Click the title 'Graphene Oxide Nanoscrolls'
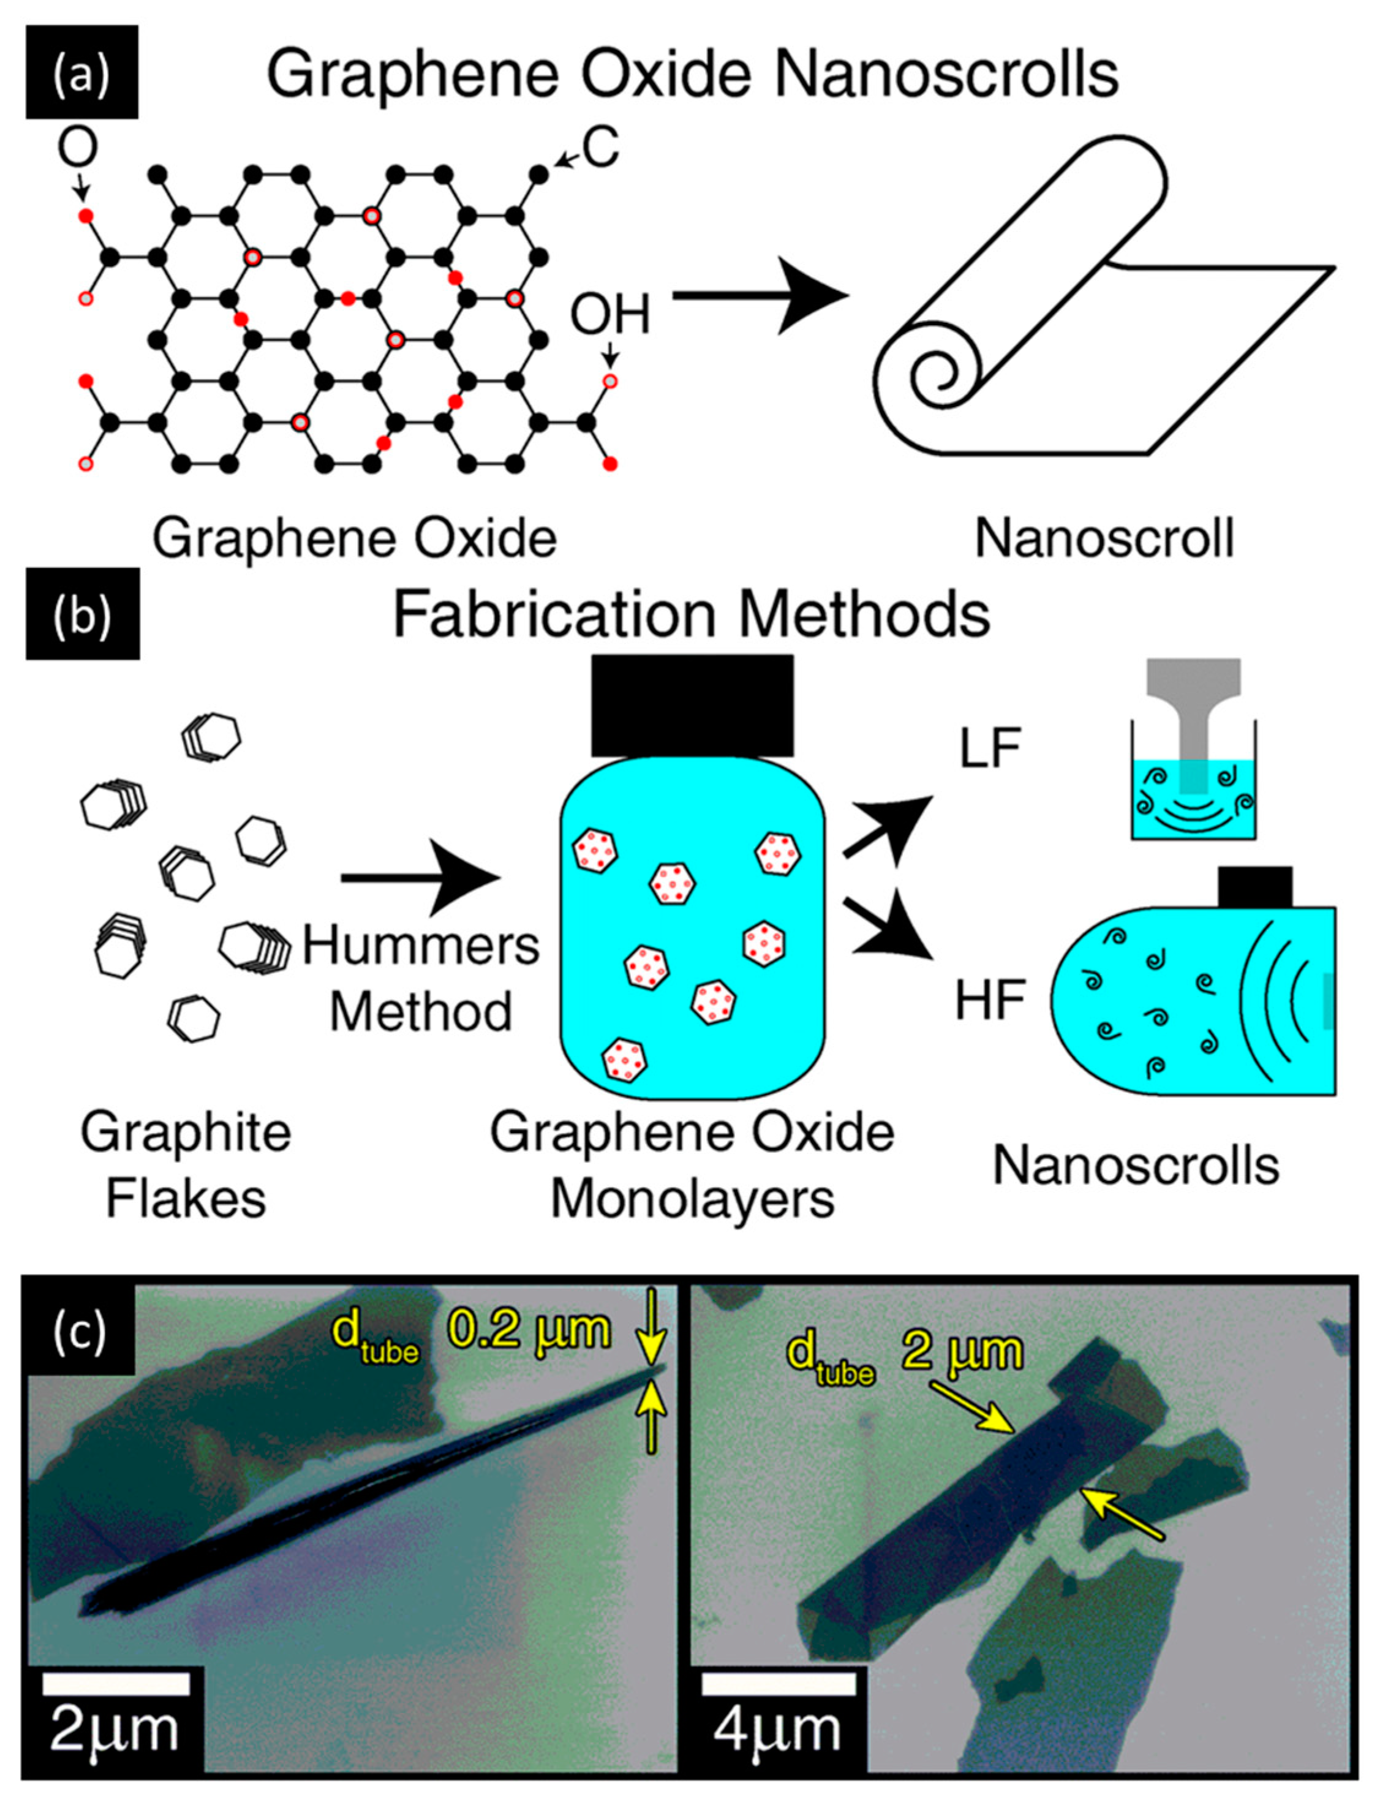(692, 74)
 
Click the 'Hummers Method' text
(421, 979)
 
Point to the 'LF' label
(990, 749)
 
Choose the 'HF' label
(990, 1000)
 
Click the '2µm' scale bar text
(114, 1730)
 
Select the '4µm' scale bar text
(777, 1730)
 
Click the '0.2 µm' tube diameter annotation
(529, 1332)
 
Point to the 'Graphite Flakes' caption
(186, 1165)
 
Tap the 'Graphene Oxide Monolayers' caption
(692, 1165)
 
